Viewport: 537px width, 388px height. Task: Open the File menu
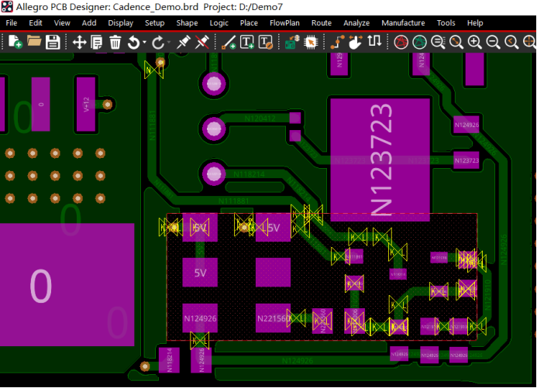(x=12, y=23)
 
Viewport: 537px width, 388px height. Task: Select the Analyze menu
(x=356, y=23)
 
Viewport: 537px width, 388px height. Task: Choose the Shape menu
(x=187, y=23)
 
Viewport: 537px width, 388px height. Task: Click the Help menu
(x=475, y=23)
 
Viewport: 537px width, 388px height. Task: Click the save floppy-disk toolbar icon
(x=53, y=42)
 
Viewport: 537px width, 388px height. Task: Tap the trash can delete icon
(x=115, y=42)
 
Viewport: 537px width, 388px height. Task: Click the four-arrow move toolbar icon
(x=79, y=42)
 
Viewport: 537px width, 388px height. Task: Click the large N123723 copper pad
(x=380, y=160)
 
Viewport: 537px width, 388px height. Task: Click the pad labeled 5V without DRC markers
(x=200, y=273)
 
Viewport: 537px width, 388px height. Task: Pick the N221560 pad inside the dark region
(x=272, y=318)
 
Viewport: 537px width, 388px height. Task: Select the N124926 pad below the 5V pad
(x=200, y=318)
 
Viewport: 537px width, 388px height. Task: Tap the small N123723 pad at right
(x=466, y=160)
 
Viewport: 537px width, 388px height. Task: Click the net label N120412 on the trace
(x=260, y=118)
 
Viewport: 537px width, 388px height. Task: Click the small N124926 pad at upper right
(x=466, y=124)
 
